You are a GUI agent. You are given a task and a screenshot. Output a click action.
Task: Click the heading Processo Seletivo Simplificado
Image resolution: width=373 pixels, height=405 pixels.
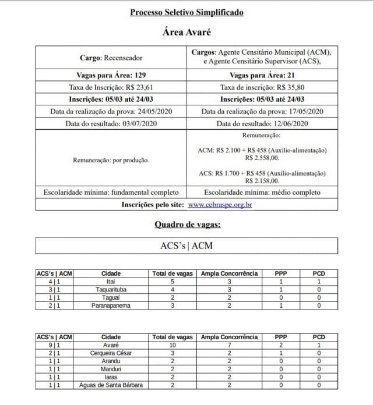click(186, 12)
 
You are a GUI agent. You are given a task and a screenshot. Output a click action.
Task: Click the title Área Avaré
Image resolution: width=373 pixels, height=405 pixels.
click(186, 33)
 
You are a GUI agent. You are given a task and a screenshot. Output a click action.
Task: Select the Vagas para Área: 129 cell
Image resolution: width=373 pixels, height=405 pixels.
click(111, 75)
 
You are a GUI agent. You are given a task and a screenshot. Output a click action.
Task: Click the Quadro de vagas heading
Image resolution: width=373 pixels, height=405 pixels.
click(186, 224)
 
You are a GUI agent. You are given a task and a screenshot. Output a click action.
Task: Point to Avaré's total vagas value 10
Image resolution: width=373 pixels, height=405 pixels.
click(172, 344)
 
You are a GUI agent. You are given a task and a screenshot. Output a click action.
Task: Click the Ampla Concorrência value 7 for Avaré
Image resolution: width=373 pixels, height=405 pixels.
click(229, 344)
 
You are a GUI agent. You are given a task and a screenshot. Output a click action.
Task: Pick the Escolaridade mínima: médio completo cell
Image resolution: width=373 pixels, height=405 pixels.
click(262, 192)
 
